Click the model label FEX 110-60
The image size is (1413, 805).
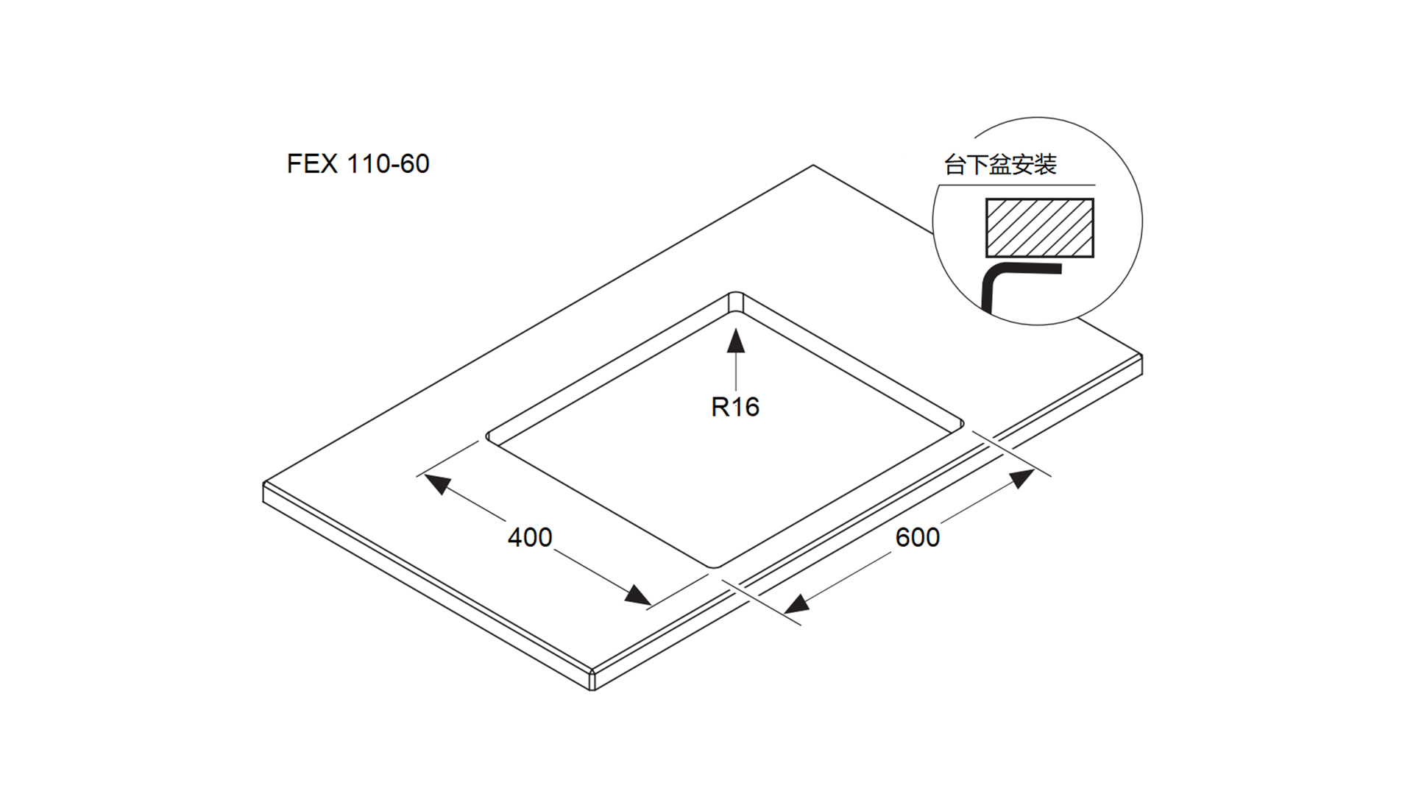(358, 163)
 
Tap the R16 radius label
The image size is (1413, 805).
(734, 407)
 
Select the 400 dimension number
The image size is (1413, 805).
(530, 537)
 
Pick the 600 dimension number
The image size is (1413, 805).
(917, 537)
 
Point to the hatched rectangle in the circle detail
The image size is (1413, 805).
(1039, 227)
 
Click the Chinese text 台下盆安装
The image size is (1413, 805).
(1000, 165)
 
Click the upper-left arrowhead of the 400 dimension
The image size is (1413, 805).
(437, 483)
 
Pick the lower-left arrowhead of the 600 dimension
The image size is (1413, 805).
(796, 605)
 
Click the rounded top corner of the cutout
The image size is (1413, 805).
(735, 294)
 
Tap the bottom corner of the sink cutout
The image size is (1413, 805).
(712, 567)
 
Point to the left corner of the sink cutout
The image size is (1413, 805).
(488, 436)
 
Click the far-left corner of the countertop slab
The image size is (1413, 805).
(264, 483)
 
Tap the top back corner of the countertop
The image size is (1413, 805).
(812, 166)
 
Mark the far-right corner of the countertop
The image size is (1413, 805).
(1141, 356)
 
